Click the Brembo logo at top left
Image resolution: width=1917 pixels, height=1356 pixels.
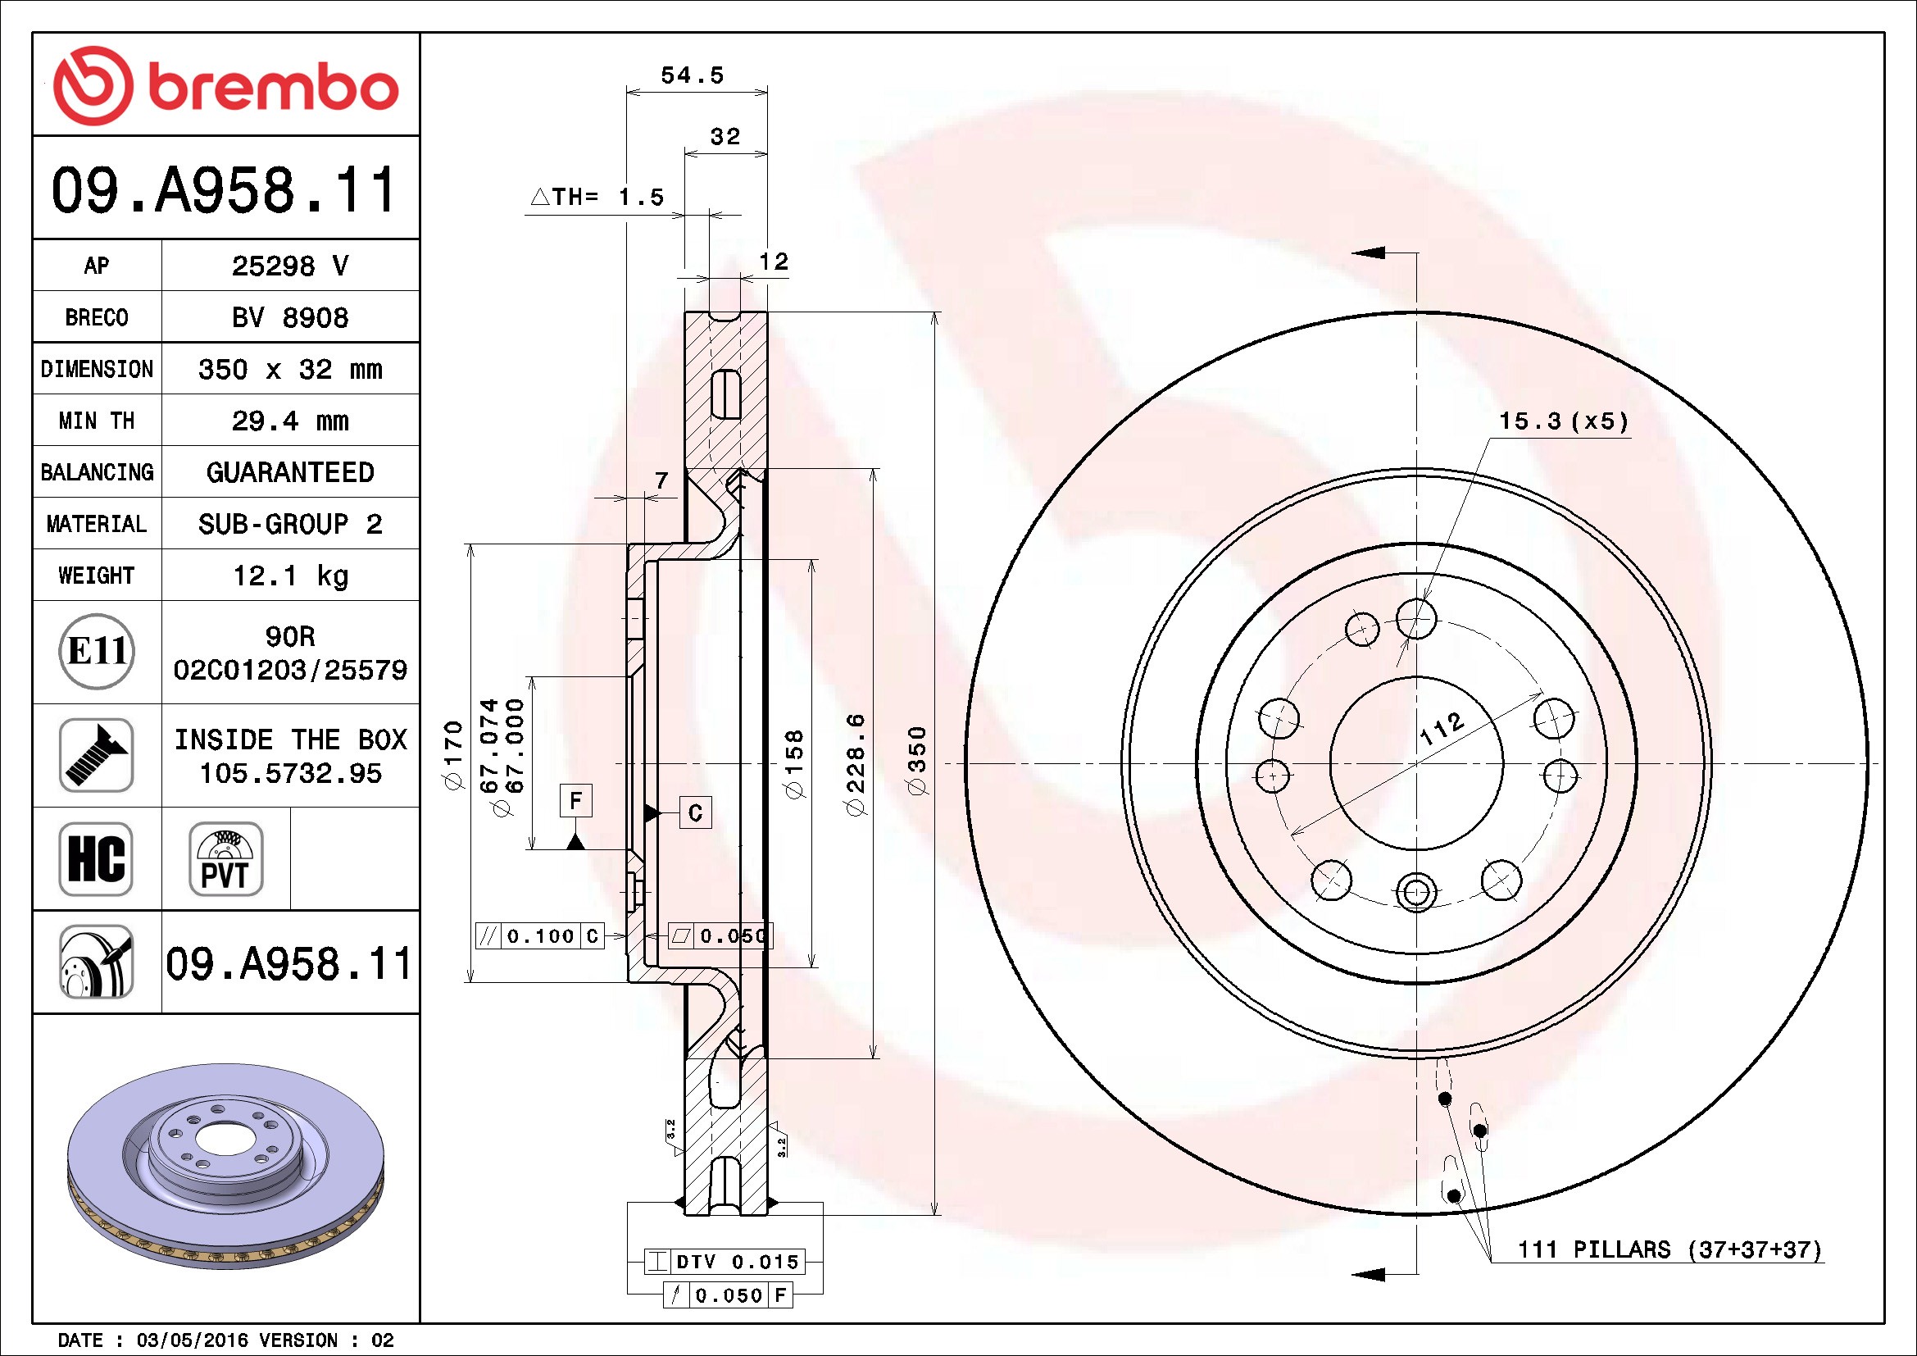coord(225,86)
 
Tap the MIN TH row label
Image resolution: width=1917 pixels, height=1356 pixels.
coord(96,421)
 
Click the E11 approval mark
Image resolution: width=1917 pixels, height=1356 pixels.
coord(97,651)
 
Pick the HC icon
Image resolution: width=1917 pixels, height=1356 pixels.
coord(96,859)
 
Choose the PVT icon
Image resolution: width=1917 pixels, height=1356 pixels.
coord(225,859)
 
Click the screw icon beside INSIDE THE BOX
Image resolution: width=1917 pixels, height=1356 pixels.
coord(96,755)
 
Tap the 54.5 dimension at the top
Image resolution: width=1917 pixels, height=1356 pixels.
coord(693,75)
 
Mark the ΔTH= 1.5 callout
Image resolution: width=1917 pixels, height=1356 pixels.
coord(597,197)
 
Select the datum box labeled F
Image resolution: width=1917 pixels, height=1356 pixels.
coord(575,801)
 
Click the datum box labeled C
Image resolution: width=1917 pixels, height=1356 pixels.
coord(696,812)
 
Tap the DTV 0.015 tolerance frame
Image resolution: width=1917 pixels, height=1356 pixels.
coord(725,1261)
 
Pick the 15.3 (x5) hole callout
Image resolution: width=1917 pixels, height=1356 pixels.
coord(1564,421)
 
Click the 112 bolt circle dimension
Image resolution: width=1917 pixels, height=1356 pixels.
coord(1442,729)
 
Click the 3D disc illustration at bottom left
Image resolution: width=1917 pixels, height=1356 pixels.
coord(225,1166)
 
